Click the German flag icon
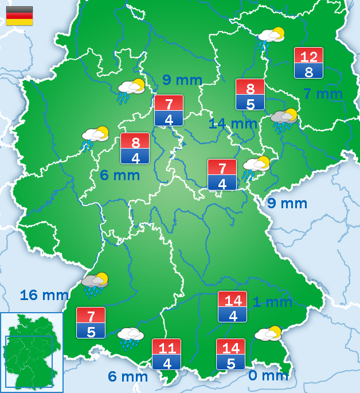[19, 15]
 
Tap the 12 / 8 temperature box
[308, 63]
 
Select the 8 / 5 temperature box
[250, 95]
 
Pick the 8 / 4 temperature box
[135, 149]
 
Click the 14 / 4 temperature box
[232, 307]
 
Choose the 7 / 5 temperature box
[91, 322]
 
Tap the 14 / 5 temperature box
[230, 354]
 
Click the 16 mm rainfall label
[44, 295]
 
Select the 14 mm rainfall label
[233, 123]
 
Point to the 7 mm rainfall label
[323, 94]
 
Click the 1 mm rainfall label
[273, 302]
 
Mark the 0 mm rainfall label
[268, 376]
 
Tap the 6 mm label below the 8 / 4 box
[120, 176]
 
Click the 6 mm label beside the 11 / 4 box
[128, 377]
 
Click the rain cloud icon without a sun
[130, 337]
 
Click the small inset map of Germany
[32, 352]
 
